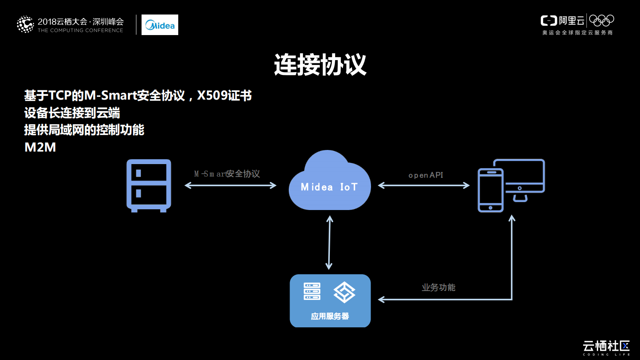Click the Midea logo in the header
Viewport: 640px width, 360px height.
click(x=160, y=25)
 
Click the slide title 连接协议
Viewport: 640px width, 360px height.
click(x=320, y=65)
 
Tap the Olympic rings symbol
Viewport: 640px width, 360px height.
click(x=601, y=20)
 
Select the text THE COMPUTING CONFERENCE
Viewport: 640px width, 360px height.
click(x=80, y=30)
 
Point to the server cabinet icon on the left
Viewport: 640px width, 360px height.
click(x=149, y=185)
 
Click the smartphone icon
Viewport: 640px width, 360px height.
click(x=490, y=190)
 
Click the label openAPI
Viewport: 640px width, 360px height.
click(x=425, y=175)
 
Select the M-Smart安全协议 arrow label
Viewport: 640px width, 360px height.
click(x=227, y=174)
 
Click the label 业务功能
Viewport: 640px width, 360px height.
click(x=438, y=287)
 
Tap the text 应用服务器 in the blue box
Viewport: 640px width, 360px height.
click(x=330, y=316)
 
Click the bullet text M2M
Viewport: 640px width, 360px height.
click(x=40, y=147)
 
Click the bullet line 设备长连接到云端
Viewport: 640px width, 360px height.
click(x=72, y=113)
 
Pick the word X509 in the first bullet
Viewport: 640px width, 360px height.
click(x=212, y=96)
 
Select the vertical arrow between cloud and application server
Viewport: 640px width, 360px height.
click(x=329, y=242)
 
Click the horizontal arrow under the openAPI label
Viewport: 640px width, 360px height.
click(x=424, y=185)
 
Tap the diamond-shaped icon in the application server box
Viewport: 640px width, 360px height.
click(x=344, y=292)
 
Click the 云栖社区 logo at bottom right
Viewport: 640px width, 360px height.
click(x=606, y=347)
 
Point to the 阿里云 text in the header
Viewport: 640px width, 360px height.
click(x=571, y=21)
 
